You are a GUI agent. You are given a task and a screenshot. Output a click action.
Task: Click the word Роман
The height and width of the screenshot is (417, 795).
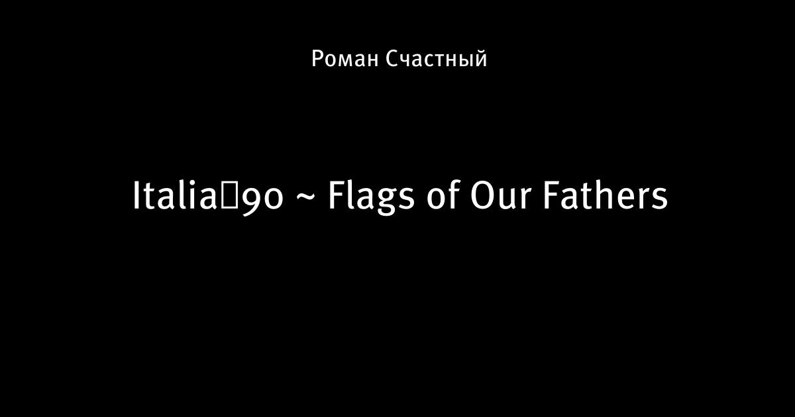(345, 59)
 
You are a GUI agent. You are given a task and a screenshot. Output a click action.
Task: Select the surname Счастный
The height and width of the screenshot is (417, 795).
(436, 58)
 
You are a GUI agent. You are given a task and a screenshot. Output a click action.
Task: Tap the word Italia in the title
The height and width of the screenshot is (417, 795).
(175, 195)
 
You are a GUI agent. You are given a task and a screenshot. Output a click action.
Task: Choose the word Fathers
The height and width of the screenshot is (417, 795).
(606, 195)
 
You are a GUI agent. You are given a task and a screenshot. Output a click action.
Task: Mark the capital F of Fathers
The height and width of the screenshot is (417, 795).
(552, 196)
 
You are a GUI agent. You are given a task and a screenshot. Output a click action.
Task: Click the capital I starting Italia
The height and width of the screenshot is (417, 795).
(136, 196)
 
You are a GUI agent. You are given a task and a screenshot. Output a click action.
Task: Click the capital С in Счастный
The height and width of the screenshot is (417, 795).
(392, 59)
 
